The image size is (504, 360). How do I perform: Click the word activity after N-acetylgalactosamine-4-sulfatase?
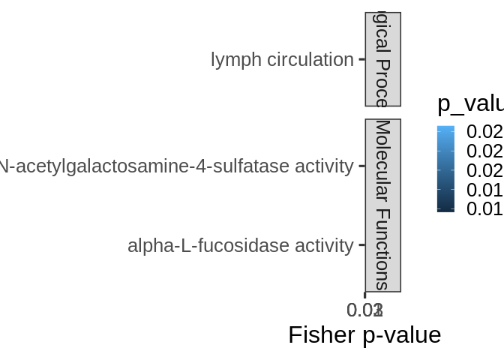pos(322,166)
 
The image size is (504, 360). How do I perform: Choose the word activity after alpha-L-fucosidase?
pos(322,245)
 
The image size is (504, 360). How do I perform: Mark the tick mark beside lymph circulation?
pos(361,59)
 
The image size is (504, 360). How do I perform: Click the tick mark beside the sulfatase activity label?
pos(361,166)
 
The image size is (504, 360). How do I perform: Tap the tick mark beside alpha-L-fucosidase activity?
pos(361,245)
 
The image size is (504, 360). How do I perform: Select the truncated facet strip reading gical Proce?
pos(382,59)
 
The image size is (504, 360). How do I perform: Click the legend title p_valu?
pos(469,103)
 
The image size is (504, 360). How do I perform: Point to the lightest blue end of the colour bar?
pos(445,129)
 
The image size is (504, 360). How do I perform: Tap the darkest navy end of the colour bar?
pos(445,210)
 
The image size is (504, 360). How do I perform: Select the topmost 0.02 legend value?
pos(484,132)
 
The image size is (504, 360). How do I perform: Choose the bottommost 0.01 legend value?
pos(484,208)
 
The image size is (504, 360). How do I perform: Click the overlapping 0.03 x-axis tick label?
pos(365,310)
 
